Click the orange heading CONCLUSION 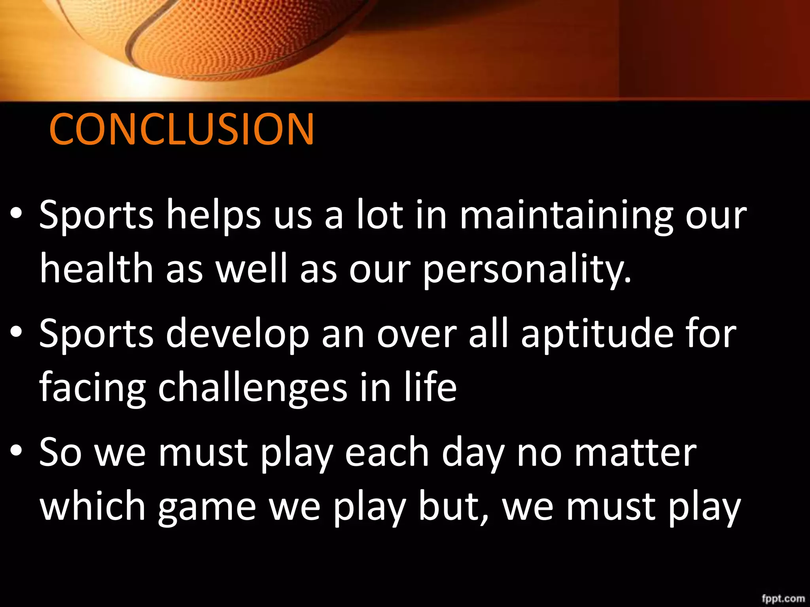[182, 129]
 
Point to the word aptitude [597, 334]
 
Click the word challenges [252, 388]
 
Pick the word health [97, 269]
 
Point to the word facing [93, 388]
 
